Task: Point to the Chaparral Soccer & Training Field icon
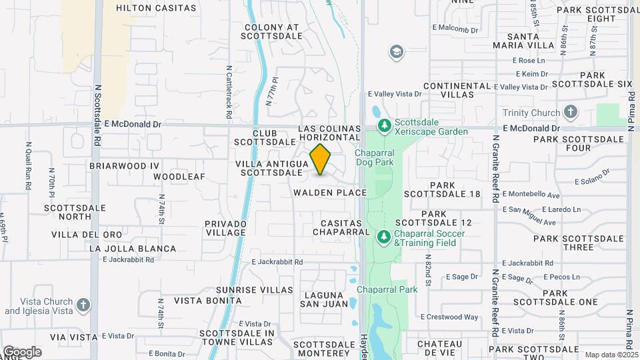[384, 237]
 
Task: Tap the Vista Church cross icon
[83, 305]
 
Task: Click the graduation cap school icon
[397, 51]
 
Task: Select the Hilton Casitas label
[156, 9]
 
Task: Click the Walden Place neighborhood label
[330, 193]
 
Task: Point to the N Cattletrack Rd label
[228, 91]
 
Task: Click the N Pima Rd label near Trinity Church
[631, 107]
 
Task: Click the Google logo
[22, 351]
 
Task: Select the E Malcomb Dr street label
[455, 29]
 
